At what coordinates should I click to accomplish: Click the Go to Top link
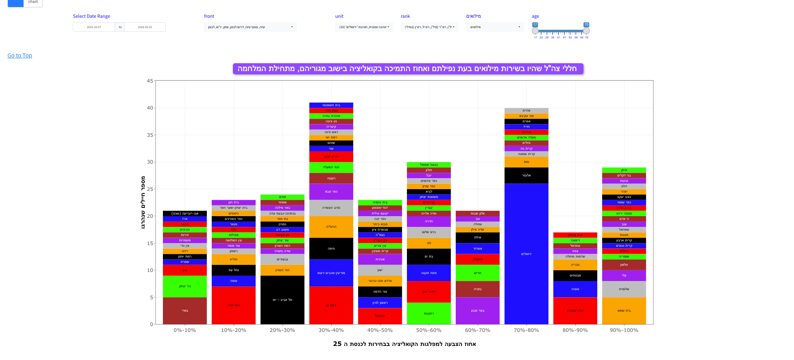19,55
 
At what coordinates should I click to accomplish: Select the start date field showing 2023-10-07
94,27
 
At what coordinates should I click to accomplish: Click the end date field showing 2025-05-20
145,27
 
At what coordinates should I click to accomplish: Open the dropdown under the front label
250,27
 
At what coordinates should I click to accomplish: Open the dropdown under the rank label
429,27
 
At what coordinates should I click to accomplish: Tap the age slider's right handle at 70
586,31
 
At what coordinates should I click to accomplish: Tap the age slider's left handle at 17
535,31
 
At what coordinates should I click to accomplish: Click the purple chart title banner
408,69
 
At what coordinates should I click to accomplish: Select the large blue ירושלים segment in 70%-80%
526,254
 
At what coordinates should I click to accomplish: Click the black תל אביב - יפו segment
282,300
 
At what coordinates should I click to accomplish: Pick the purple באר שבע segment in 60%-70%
478,310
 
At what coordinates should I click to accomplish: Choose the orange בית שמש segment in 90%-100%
624,310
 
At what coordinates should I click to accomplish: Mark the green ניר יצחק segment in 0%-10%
185,286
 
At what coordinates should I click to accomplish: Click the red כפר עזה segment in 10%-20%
234,305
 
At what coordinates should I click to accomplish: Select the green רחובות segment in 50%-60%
429,313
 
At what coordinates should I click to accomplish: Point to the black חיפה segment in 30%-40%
331,248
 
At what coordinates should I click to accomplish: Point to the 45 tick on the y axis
150,81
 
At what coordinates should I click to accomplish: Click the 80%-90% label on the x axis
575,330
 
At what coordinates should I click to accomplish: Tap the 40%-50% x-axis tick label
380,330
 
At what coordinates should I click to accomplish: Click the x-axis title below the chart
404,344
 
